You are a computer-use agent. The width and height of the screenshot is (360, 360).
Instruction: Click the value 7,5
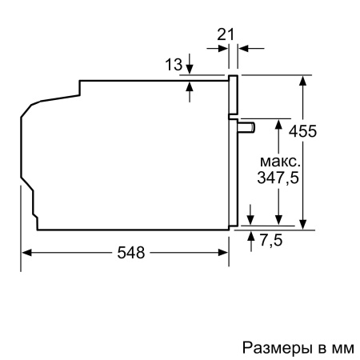pyautogui.click(x=271, y=239)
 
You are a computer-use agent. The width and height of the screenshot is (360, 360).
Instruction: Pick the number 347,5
pyautogui.click(x=273, y=178)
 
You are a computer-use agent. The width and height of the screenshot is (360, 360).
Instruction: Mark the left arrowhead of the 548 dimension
pyautogui.click(x=26, y=253)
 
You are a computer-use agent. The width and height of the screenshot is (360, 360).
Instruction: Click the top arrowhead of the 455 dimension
pyautogui.click(x=305, y=81)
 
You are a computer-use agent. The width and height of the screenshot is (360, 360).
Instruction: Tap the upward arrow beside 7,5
pyautogui.click(x=252, y=235)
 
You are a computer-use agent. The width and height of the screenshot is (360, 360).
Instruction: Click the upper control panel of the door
pyautogui.click(x=233, y=96)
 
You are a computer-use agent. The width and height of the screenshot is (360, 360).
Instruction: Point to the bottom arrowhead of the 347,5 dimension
pyautogui.click(x=278, y=223)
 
